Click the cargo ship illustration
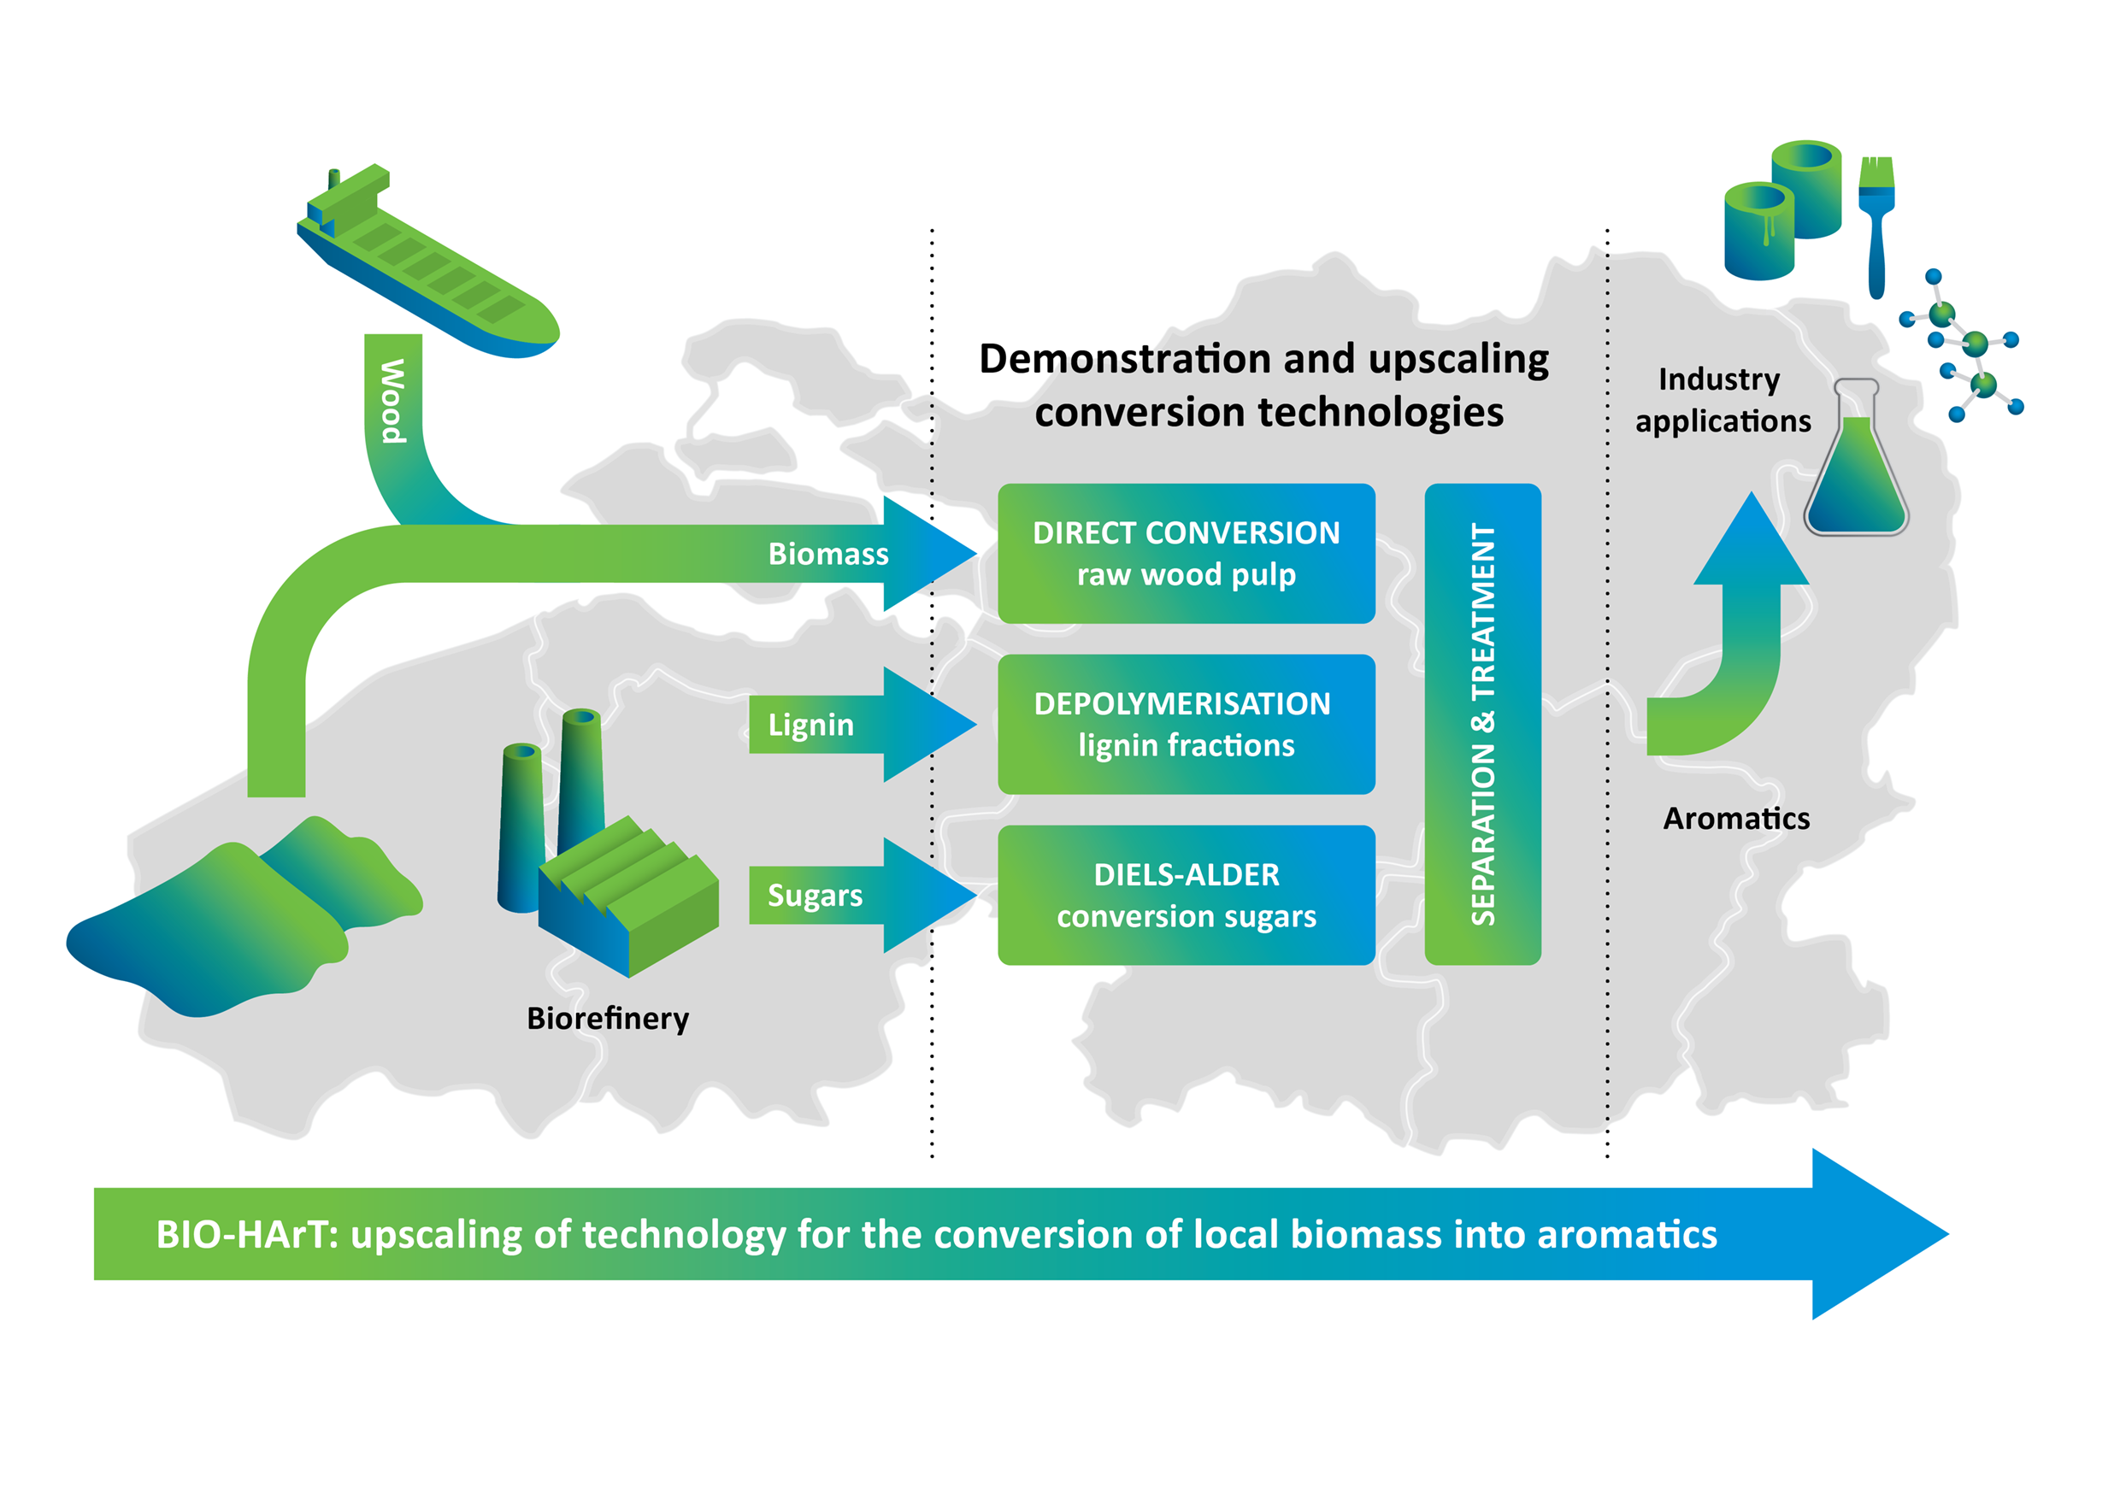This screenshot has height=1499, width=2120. tap(427, 263)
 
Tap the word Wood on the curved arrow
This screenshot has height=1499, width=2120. tap(393, 402)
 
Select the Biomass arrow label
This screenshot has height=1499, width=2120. tap(828, 554)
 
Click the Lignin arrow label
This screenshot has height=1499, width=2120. tap(810, 726)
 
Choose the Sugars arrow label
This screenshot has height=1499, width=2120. tap(816, 896)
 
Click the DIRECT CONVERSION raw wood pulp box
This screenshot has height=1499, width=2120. tap(1187, 554)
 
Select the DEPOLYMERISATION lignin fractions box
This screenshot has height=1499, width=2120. tap(1187, 725)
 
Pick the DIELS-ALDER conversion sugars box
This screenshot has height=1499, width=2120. tap(1187, 896)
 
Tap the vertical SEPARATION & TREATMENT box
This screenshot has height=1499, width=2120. tap(1483, 725)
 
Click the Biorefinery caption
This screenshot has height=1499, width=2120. tap(608, 1019)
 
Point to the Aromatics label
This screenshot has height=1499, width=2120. tap(1736, 819)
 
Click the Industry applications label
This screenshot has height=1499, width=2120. tap(1723, 400)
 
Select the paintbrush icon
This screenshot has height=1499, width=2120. tap(1876, 227)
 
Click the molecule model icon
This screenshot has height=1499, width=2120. tap(1962, 346)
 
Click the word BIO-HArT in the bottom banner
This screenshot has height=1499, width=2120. tap(247, 1235)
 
